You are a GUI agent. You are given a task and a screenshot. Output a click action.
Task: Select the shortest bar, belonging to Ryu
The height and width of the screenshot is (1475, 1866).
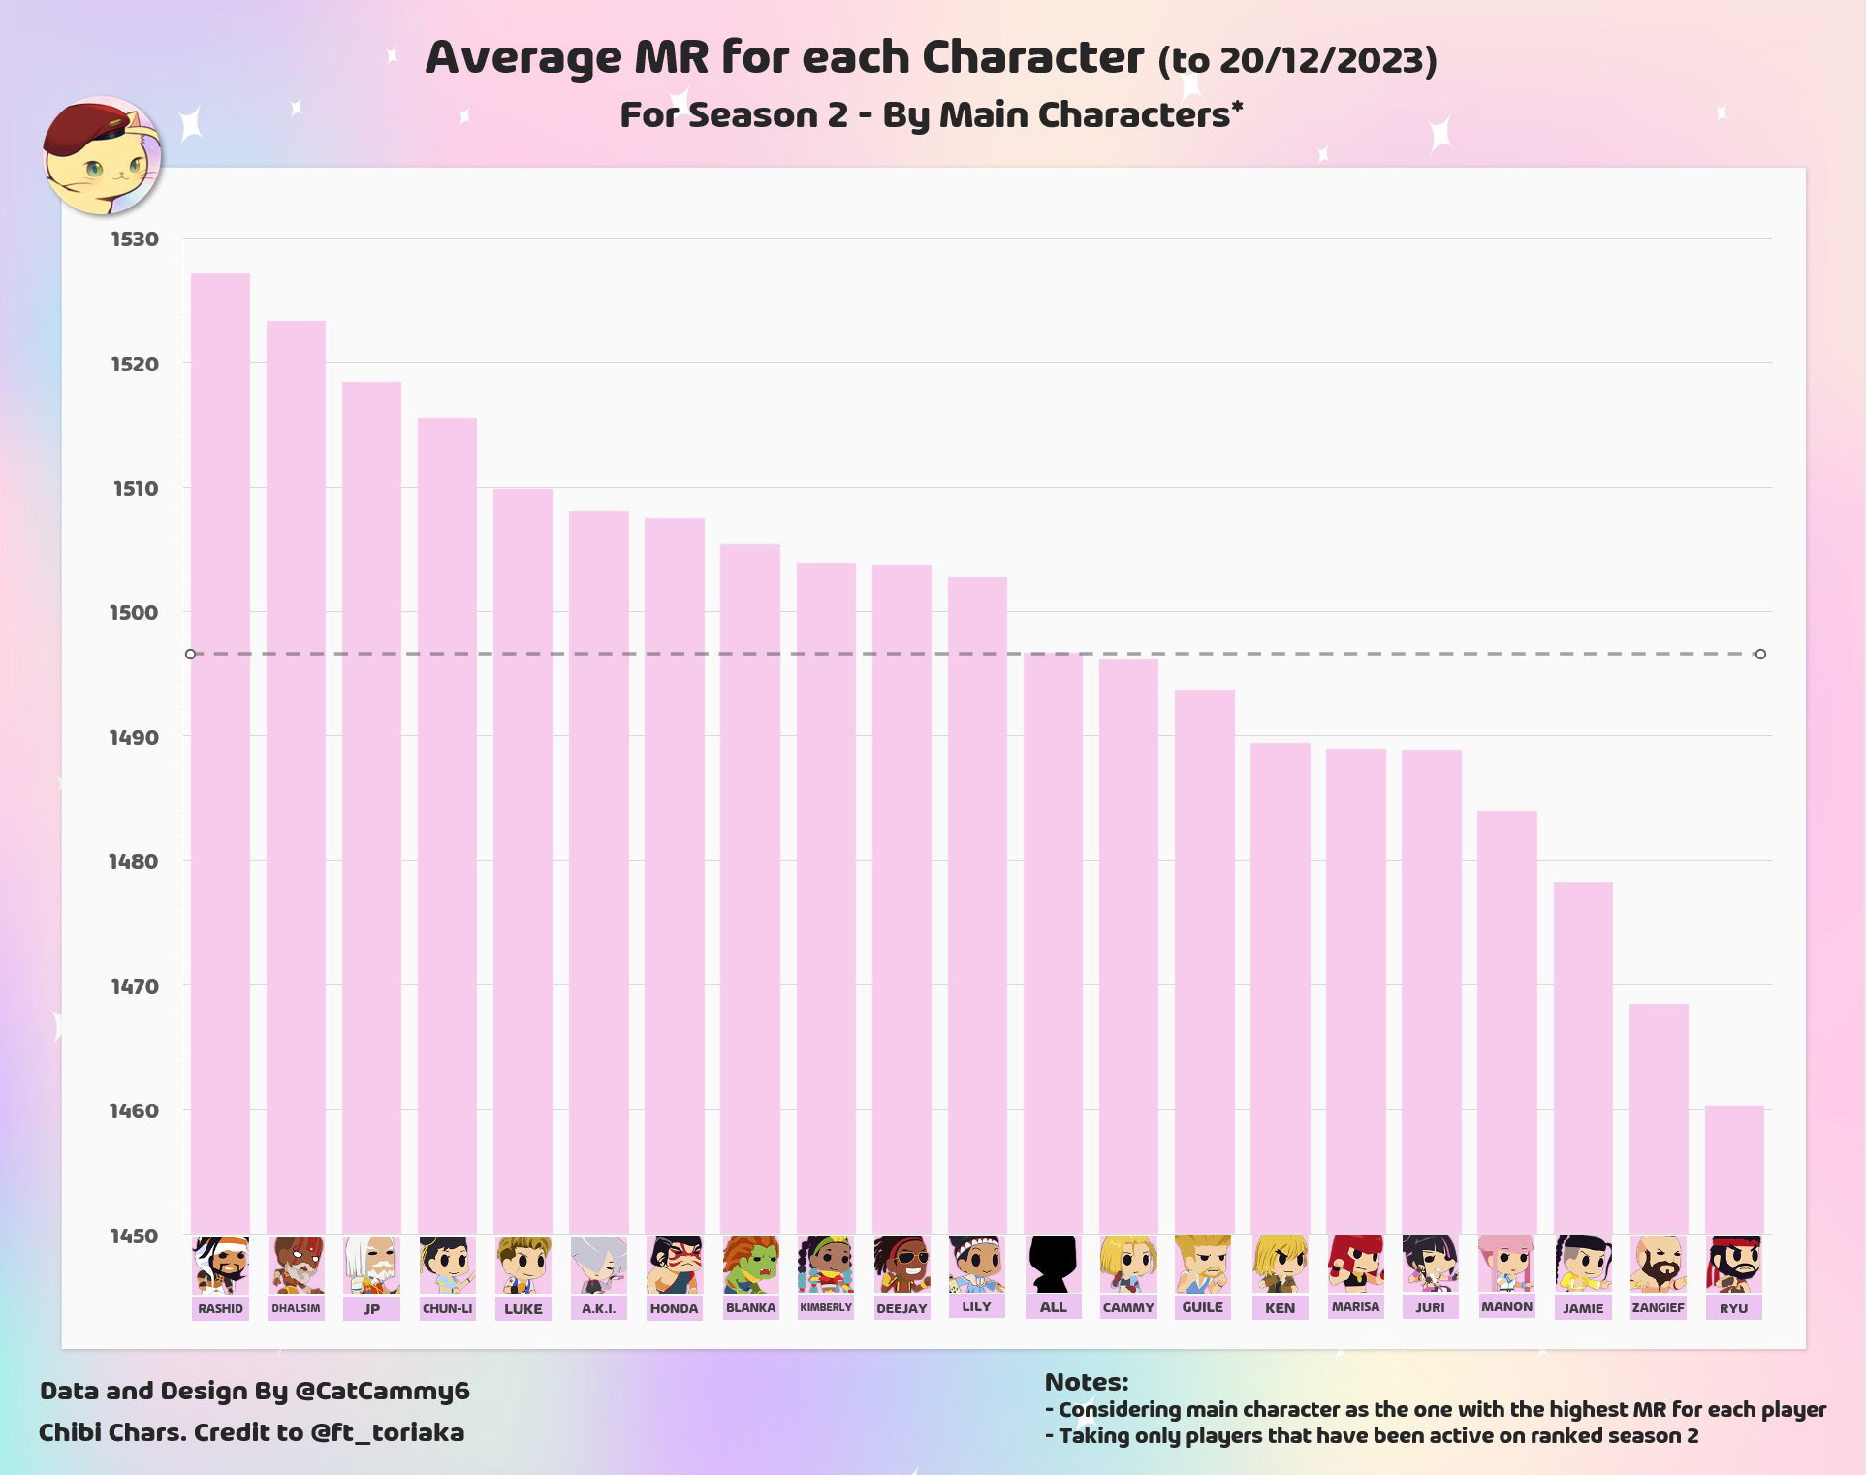1734,1169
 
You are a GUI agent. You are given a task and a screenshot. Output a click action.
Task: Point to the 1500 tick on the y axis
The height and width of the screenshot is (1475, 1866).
133,612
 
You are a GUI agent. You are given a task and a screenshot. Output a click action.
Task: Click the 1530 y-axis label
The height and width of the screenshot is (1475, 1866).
134,240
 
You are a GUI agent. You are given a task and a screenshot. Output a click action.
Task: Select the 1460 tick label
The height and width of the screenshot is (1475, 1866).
133,1110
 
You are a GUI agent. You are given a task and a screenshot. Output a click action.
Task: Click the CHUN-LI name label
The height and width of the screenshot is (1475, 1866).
447,1308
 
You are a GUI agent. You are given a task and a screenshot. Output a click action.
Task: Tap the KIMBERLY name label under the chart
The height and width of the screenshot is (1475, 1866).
826,1307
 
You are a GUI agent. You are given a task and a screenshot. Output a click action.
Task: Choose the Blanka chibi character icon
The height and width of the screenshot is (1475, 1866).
750,1265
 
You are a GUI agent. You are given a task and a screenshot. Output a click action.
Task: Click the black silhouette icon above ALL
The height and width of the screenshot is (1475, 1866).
1053,1264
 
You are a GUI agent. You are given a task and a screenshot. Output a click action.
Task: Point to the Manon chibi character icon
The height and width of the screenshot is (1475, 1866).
1506,1264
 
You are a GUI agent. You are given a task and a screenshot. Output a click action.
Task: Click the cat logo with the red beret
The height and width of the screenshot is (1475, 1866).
102,155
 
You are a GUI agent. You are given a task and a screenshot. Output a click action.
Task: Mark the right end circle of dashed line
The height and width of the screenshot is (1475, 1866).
1760,655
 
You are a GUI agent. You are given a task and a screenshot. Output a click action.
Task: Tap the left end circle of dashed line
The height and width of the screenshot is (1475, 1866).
191,655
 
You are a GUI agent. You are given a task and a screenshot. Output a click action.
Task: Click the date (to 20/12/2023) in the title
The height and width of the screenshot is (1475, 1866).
1297,60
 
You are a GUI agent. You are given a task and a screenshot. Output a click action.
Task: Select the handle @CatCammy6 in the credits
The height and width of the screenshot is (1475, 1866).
381,1391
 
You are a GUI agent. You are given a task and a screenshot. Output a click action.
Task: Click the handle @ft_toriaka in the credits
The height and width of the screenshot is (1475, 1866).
387,1432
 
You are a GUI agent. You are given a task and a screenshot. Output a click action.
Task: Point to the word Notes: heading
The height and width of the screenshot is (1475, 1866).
1086,1382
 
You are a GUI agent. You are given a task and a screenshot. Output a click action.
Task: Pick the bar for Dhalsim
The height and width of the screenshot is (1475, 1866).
296,777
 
